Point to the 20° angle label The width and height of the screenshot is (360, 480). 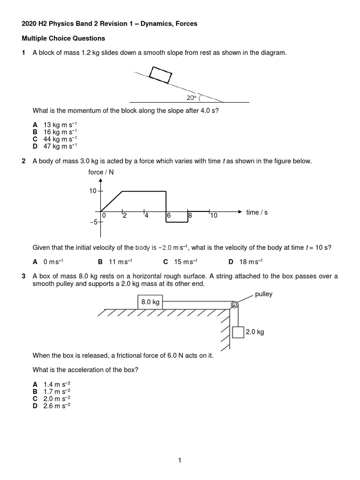pos(190,97)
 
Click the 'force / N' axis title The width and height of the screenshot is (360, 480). pos(101,172)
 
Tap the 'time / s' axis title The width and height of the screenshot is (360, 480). pos(257,212)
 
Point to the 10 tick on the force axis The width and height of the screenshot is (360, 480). pos(92,191)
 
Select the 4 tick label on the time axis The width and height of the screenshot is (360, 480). pos(146,216)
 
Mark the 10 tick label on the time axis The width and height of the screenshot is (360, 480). pos(213,216)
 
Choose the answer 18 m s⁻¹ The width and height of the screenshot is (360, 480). pos(251,262)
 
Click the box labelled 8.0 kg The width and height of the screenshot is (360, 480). pos(150,302)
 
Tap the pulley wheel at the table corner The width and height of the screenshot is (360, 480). pos(233,306)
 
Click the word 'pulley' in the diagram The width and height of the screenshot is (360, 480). pos(264,294)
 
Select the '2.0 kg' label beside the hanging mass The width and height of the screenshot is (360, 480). pos(255,332)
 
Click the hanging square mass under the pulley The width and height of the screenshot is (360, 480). pos(238,332)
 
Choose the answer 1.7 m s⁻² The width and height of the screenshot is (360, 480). pos(57,391)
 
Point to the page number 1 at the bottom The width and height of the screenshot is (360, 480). pos(180,461)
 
